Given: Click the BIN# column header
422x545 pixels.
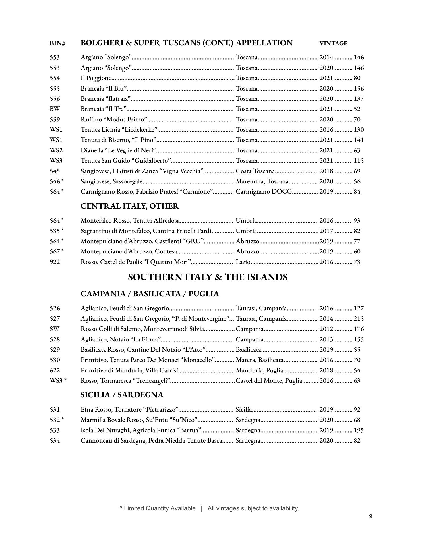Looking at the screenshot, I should [x=57, y=44].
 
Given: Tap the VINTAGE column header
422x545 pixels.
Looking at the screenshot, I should [x=333, y=44].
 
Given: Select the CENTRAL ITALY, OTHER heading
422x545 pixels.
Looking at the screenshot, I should [x=130, y=206].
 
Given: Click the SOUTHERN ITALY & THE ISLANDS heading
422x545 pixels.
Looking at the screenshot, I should [x=208, y=277].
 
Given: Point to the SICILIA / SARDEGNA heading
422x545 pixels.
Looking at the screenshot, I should [x=122, y=395].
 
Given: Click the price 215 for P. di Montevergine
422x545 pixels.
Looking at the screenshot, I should [x=359, y=319].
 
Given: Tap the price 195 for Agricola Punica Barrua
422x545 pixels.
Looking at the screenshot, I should [x=359, y=430].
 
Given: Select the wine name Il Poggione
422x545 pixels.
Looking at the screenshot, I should [x=96, y=78].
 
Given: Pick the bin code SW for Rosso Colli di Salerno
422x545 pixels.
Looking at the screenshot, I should [x=55, y=329].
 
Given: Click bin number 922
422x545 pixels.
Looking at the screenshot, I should [x=55, y=262].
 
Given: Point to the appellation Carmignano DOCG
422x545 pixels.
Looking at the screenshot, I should [x=264, y=192].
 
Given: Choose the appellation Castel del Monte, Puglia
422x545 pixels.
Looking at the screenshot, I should [x=269, y=381].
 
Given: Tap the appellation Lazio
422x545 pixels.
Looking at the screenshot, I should [x=243, y=262].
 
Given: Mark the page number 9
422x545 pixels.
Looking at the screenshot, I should [x=371, y=516].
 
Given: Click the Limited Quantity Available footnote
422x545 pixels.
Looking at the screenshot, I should [x=158, y=508].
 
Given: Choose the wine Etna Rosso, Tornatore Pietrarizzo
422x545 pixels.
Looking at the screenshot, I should [x=129, y=410].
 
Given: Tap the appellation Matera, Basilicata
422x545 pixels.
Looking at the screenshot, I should [x=260, y=360].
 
